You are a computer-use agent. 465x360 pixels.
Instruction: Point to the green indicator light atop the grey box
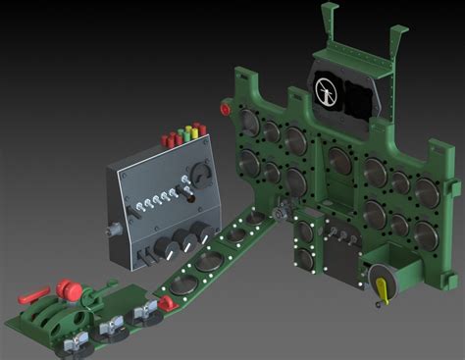pos(185,130)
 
